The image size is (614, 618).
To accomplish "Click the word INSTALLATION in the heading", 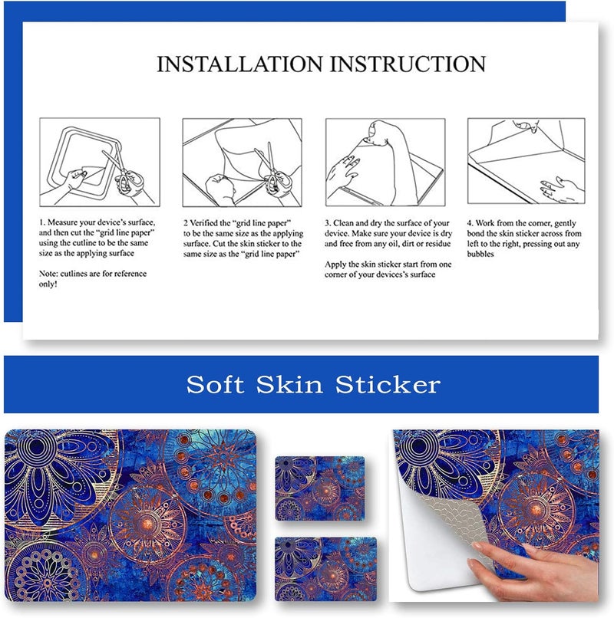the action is coord(240,64).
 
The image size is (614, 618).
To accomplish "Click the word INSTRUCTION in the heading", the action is coord(408,64).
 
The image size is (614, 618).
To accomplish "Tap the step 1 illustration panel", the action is coord(100,162).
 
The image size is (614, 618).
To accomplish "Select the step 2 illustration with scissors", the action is coord(242,163).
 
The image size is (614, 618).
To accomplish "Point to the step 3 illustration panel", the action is coord(385,162).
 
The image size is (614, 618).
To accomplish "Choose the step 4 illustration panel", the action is coord(526,161).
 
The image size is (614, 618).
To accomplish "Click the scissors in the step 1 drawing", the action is coord(121,171).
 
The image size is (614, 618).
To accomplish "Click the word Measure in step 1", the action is coord(62,222).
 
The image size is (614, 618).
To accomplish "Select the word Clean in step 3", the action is coord(344,223).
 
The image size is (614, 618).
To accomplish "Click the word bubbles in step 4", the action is coord(480,254).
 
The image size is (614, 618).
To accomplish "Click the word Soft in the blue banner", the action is coord(215,384).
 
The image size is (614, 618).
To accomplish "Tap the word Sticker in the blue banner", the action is coord(388,384).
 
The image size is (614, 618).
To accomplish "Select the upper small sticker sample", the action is coord(319,488).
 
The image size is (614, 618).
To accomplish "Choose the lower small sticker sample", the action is coord(325,569).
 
